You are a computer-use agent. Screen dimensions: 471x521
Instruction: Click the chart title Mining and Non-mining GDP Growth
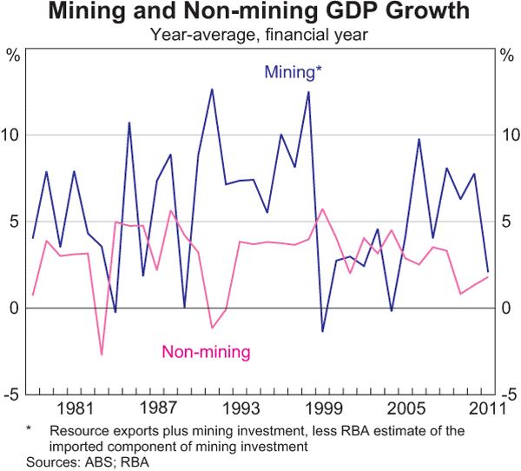click(x=260, y=13)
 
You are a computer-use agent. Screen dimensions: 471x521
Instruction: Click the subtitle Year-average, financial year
click(x=260, y=35)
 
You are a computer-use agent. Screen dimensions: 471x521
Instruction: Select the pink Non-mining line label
click(x=206, y=352)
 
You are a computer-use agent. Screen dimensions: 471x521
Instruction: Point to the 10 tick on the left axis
click(x=13, y=136)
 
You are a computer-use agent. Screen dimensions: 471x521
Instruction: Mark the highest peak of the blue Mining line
click(x=212, y=89)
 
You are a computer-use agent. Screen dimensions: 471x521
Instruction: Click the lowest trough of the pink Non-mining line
click(x=102, y=355)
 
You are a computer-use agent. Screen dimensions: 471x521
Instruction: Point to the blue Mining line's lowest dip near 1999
click(x=322, y=331)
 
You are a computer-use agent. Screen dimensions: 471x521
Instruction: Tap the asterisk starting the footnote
click(x=29, y=429)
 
